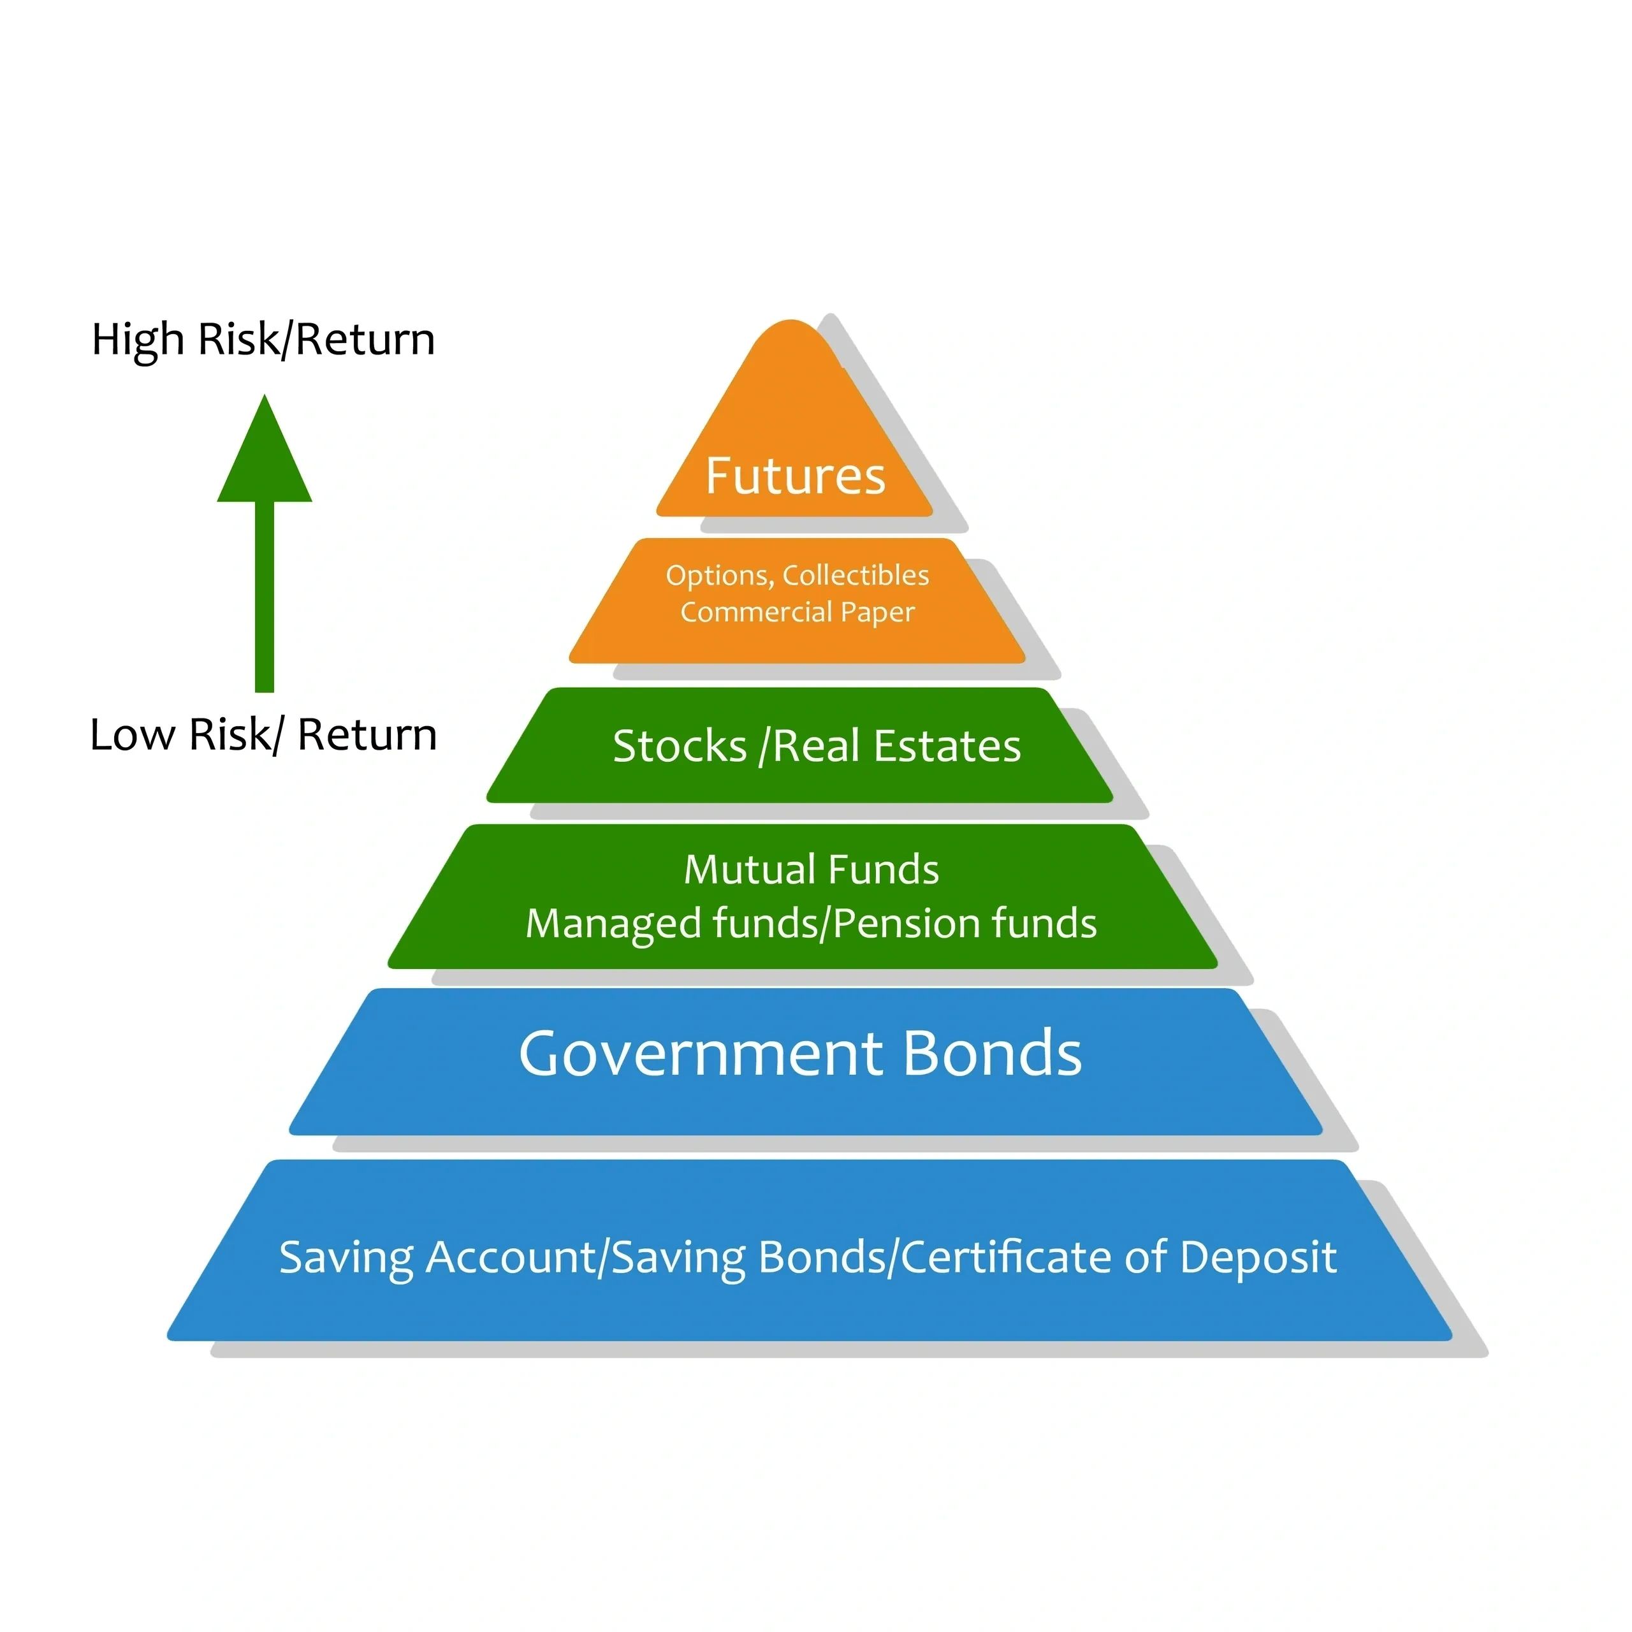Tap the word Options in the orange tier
click(717, 575)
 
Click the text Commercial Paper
click(798, 611)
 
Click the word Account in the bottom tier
click(511, 1257)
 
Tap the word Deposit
click(1258, 1257)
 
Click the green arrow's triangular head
click(265, 460)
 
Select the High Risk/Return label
click(263, 340)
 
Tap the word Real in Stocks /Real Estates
click(818, 746)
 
